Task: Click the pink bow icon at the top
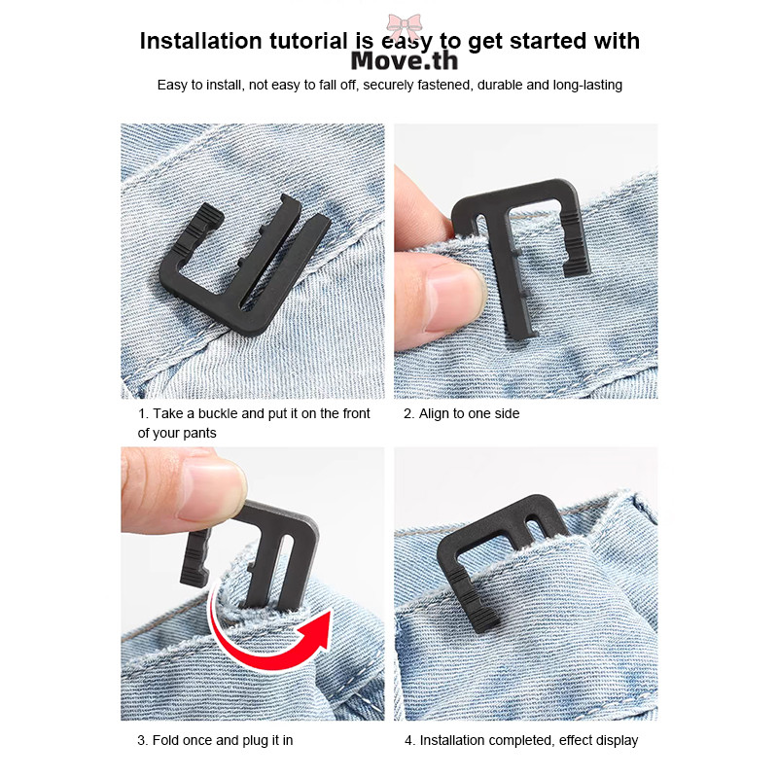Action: pos(405,26)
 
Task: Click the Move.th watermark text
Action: pos(405,61)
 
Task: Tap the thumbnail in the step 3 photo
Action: pos(214,489)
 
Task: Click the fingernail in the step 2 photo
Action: pos(455,298)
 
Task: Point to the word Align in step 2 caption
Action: pos(434,413)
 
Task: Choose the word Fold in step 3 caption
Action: pos(165,740)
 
